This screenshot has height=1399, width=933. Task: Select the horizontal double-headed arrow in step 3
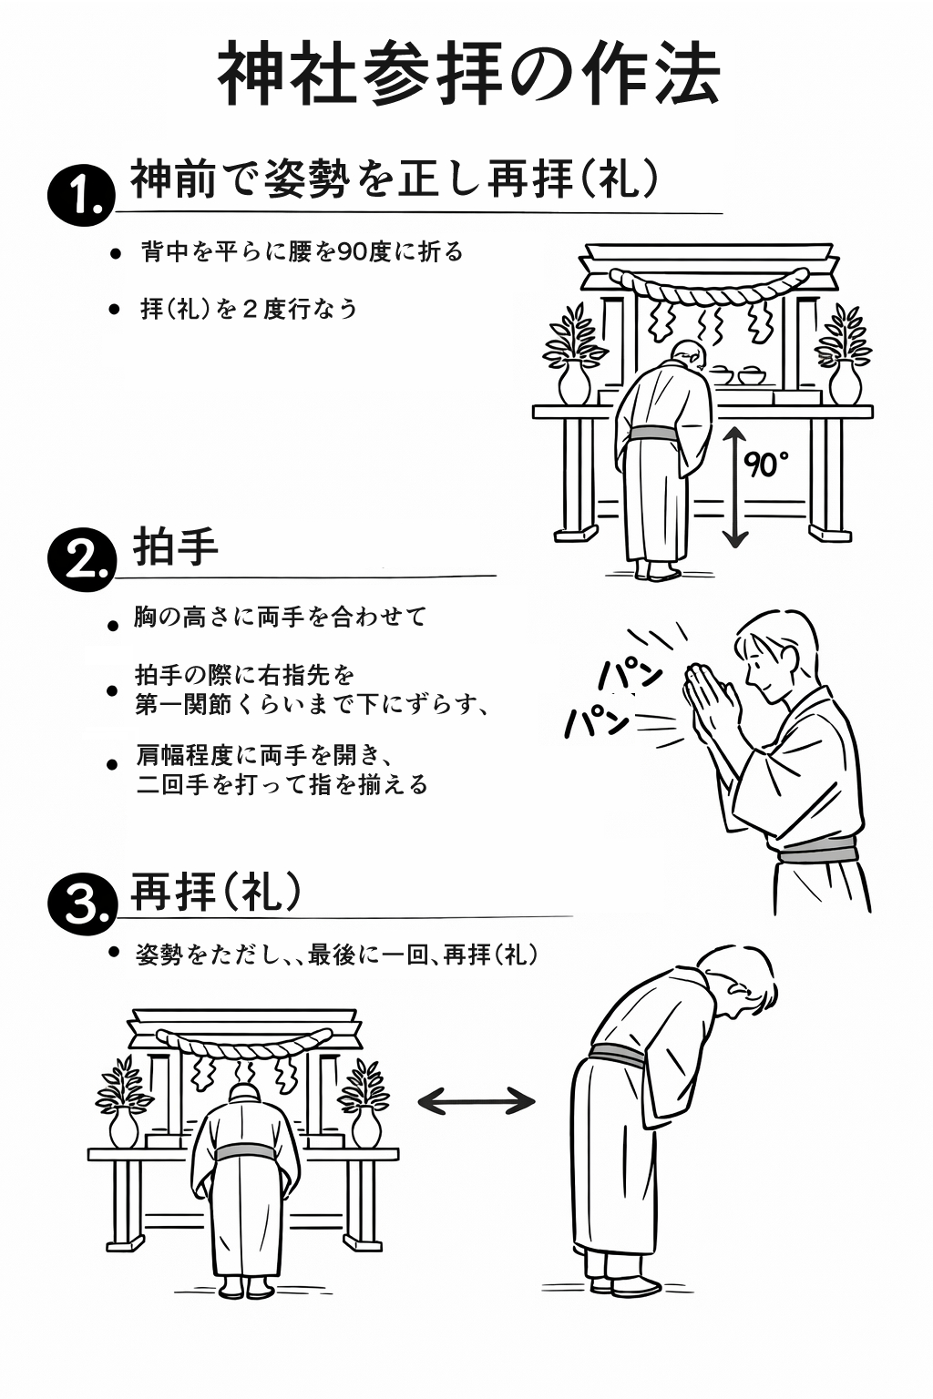476,1101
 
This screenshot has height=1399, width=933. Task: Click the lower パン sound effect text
597,721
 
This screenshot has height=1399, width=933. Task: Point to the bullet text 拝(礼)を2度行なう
249,309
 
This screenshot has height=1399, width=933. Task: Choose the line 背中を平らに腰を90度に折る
302,251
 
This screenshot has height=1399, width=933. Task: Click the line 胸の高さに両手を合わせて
280,618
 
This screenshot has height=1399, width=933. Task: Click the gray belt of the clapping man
818,853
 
